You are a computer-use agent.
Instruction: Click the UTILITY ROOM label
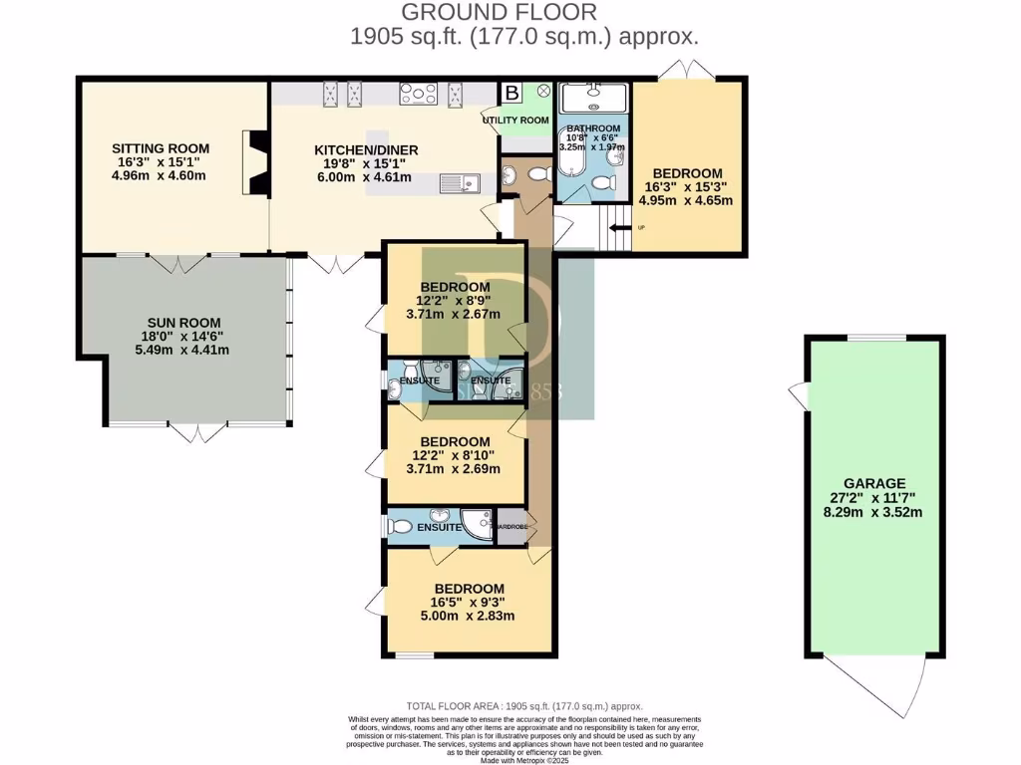click(x=515, y=121)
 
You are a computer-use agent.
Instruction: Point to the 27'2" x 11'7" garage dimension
click(x=873, y=496)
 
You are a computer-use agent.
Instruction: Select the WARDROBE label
click(x=511, y=526)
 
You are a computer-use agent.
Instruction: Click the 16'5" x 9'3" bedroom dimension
click(x=462, y=603)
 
